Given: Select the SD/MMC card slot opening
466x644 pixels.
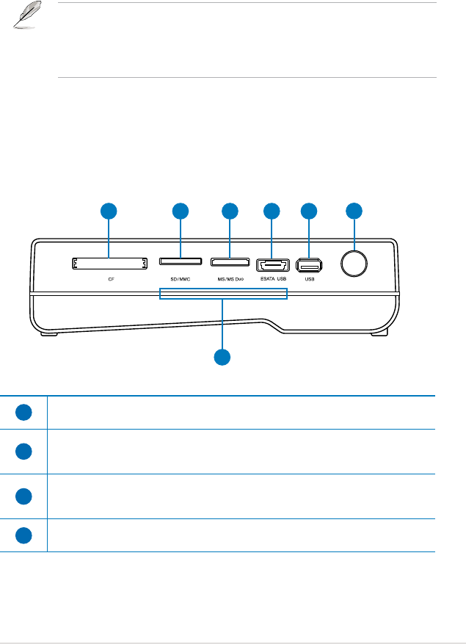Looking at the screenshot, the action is (181, 263).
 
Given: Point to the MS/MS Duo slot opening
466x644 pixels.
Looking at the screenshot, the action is (230, 263).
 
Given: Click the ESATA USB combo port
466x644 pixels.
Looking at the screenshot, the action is (272, 264).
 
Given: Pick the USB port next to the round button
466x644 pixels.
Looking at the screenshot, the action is (309, 264).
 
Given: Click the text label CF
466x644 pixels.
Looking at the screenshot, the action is (111, 280).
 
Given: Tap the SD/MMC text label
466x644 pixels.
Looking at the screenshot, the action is (180, 280).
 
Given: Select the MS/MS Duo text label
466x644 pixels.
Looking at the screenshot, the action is (229, 280).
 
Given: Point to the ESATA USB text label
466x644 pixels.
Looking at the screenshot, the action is (272, 280).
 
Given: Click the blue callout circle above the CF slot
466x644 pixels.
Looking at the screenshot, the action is (109, 211).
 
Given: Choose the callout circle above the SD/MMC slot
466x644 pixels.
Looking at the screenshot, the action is (181, 211).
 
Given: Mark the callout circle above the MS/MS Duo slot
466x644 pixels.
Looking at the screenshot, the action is (230, 211).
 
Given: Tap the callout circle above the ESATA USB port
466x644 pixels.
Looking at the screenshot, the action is (272, 211).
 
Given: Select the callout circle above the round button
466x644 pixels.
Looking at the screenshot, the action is (354, 211).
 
